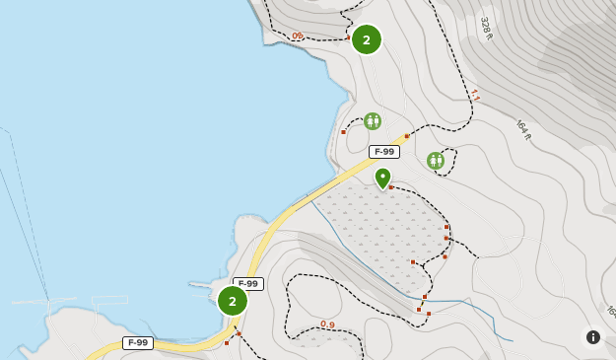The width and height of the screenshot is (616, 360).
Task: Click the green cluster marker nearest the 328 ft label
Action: pyautogui.click(x=366, y=39)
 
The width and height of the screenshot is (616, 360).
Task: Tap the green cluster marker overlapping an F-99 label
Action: pyautogui.click(x=233, y=301)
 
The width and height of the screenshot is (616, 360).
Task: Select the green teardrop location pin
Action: pyautogui.click(x=382, y=178)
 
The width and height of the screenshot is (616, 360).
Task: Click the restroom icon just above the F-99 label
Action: pyautogui.click(x=372, y=121)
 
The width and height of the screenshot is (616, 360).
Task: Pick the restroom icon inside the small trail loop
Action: pyautogui.click(x=436, y=160)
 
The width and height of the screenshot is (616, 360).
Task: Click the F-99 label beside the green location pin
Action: pyautogui.click(x=384, y=152)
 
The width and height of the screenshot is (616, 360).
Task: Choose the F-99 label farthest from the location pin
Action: pyautogui.click(x=138, y=343)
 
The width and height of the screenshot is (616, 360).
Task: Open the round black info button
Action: pyautogui.click(x=593, y=337)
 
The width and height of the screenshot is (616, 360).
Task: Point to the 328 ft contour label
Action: pyautogui.click(x=486, y=28)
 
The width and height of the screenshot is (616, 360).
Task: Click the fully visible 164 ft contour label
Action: pyautogui.click(x=523, y=129)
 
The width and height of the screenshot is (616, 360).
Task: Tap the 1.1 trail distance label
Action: pyautogui.click(x=475, y=96)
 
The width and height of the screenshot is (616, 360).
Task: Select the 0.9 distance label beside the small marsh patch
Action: pyautogui.click(x=327, y=324)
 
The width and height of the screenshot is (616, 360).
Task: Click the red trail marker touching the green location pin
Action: pyautogui.click(x=391, y=186)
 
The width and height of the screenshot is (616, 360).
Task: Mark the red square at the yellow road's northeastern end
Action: pyautogui.click(x=406, y=136)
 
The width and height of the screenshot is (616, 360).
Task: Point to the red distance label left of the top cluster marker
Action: pyautogui.click(x=298, y=36)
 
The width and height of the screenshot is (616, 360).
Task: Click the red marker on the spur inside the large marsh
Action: pyautogui.click(x=413, y=261)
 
